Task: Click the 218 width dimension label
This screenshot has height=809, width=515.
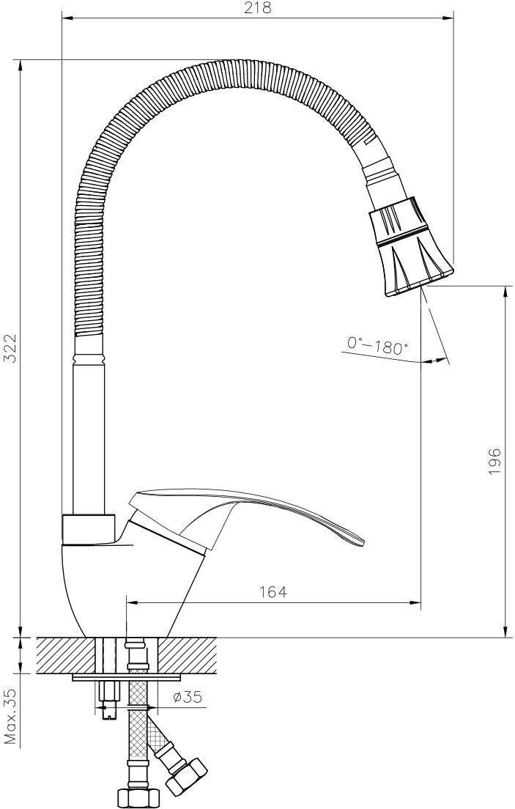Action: click(257, 8)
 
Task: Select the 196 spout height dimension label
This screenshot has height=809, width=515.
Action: click(494, 461)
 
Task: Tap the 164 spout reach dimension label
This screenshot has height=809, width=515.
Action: click(273, 592)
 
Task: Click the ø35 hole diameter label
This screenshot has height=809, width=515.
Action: click(188, 698)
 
